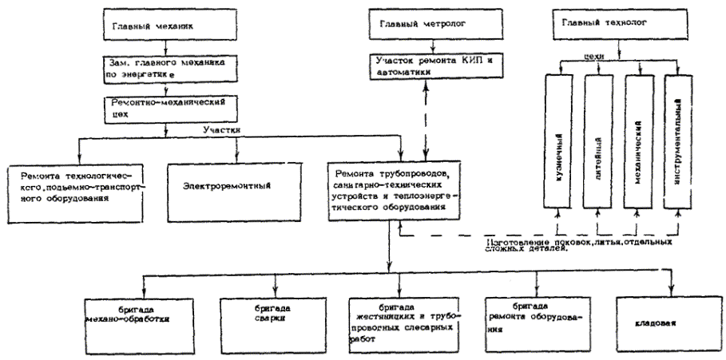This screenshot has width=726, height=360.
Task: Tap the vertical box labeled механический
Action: [639, 140]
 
